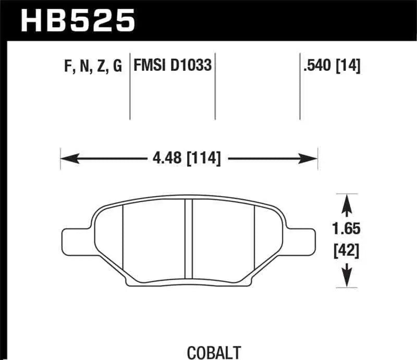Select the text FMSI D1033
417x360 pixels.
coord(173,67)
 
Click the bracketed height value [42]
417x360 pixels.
coord(347,252)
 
